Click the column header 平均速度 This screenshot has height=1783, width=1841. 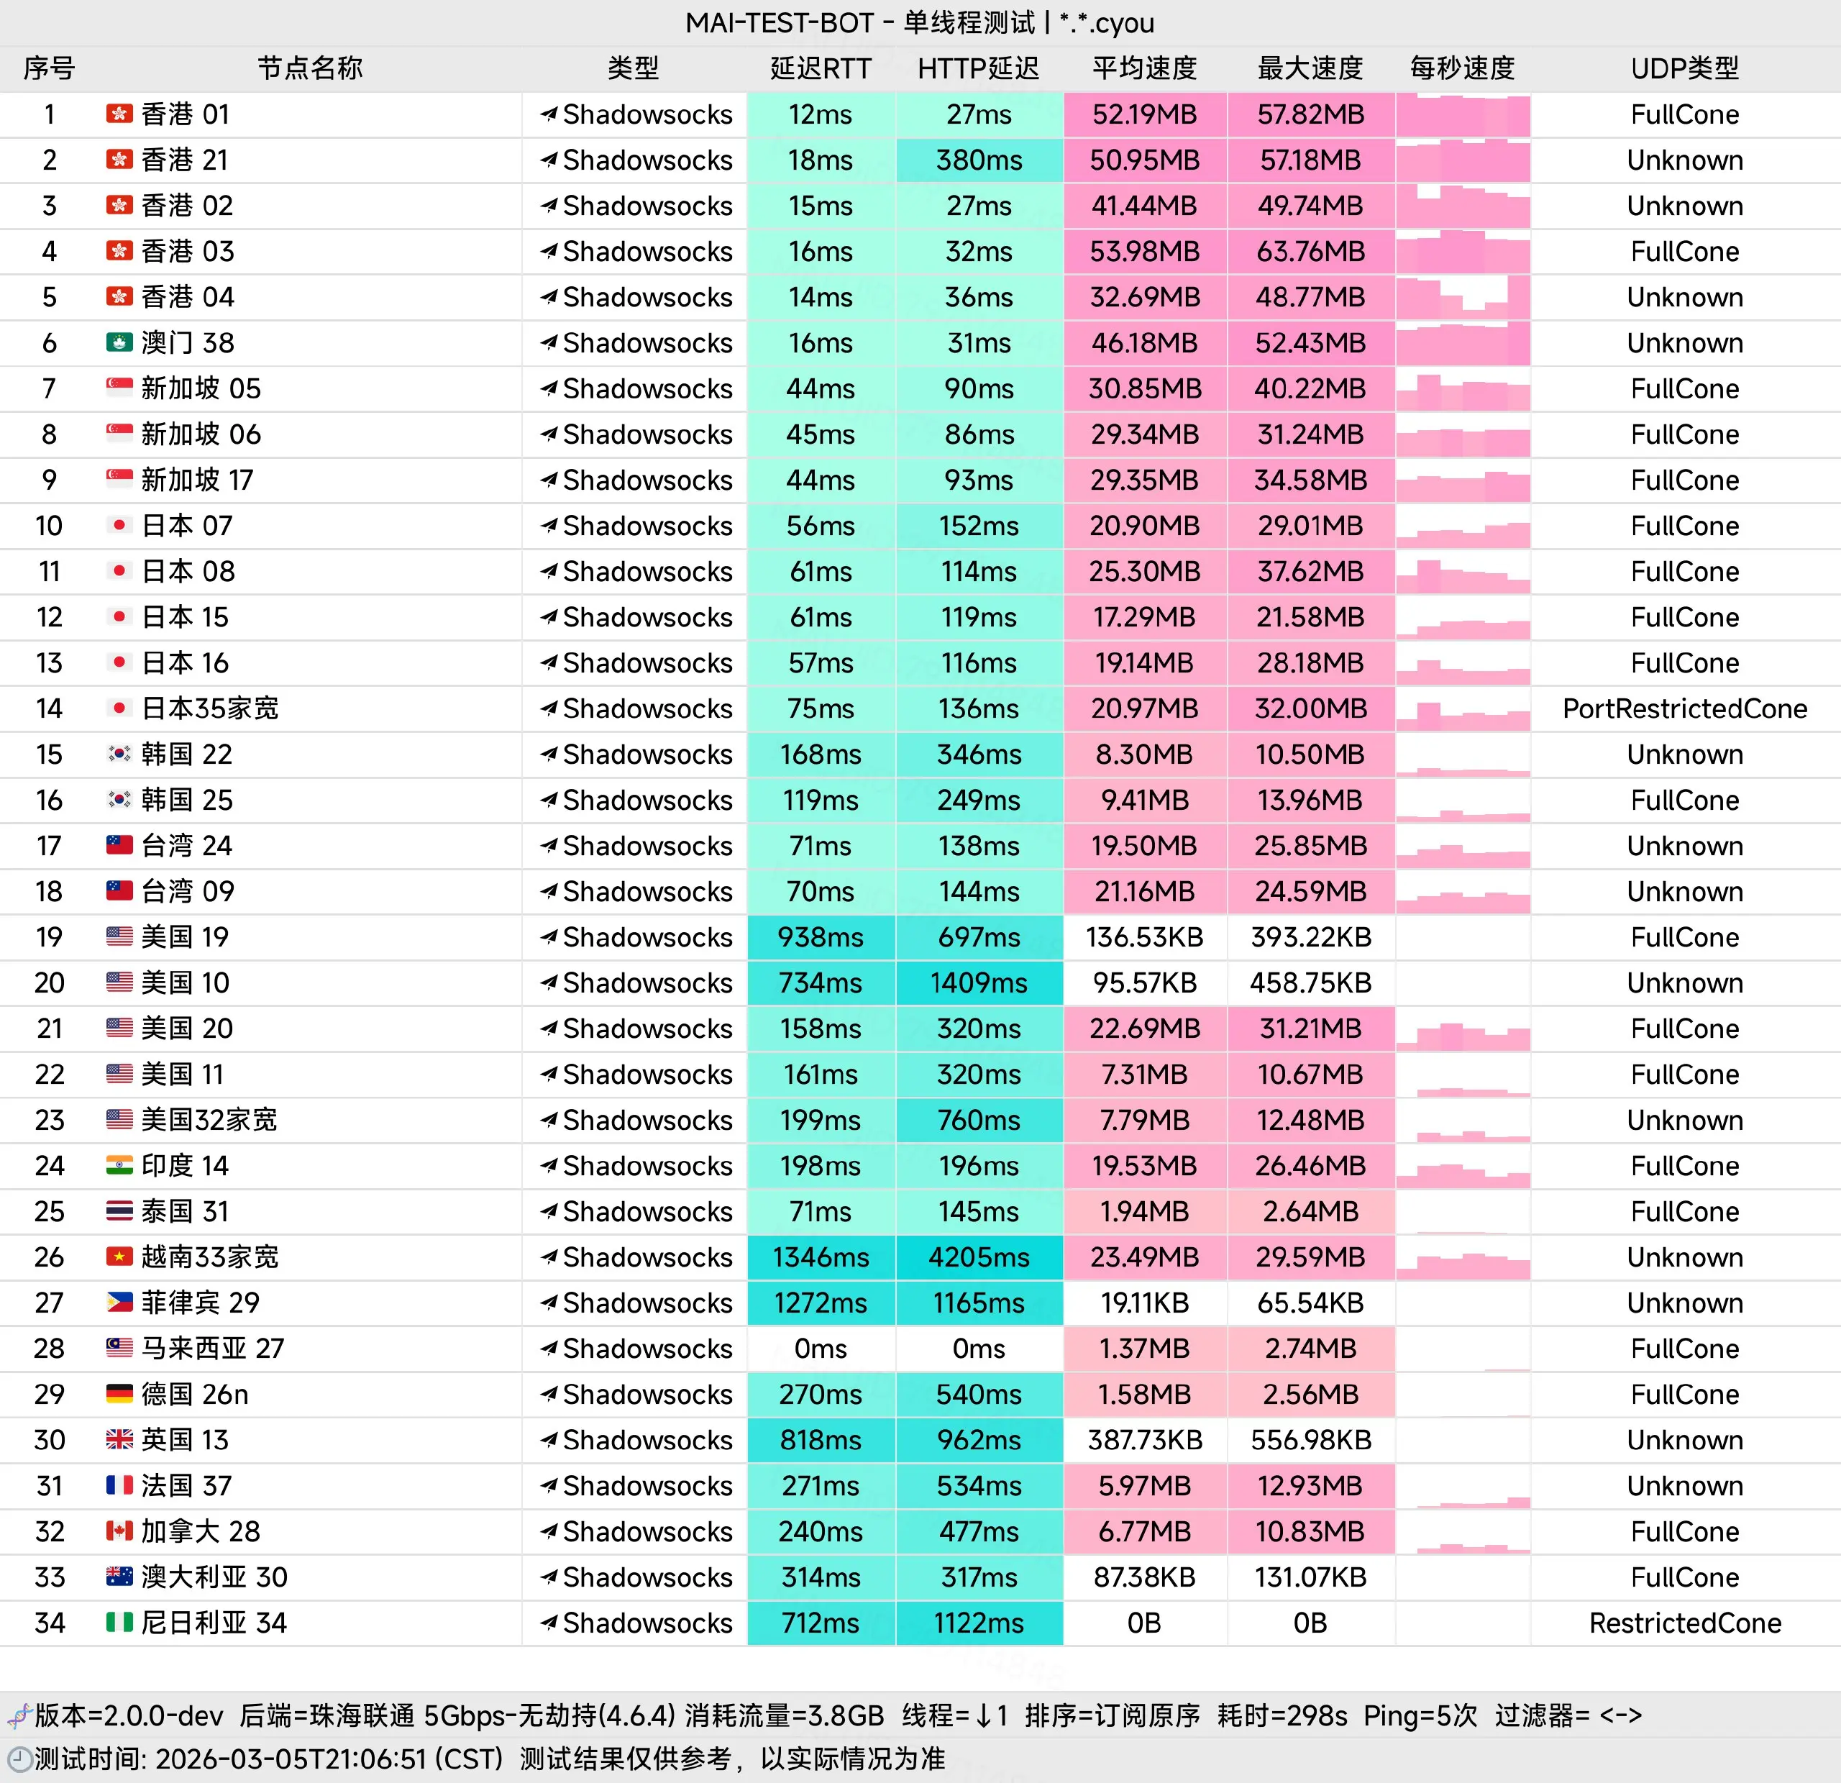tap(1144, 68)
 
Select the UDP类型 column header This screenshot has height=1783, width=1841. tap(1684, 68)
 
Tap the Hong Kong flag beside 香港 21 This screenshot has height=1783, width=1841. tap(119, 160)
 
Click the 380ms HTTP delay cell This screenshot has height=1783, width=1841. tap(979, 160)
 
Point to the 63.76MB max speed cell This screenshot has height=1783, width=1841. tap(1310, 252)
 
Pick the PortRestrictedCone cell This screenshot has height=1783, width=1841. tap(1684, 708)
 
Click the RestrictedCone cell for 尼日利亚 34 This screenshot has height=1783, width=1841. tap(1684, 1623)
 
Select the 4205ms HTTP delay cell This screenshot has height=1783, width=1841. tap(979, 1257)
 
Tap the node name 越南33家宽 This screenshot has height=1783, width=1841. tap(209, 1257)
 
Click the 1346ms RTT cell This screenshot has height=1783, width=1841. tap(820, 1257)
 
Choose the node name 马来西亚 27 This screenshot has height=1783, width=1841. tap(212, 1348)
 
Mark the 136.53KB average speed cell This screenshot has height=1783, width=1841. tap(1144, 936)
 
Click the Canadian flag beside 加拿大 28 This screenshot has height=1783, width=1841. tap(119, 1531)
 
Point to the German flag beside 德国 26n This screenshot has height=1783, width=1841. tap(119, 1394)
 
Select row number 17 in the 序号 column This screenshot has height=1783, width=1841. tap(49, 846)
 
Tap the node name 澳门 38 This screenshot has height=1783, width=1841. tap(187, 343)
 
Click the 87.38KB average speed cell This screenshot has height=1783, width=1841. tap(1144, 1577)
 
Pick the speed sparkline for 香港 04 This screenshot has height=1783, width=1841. tap(1463, 297)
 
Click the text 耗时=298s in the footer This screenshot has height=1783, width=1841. tap(1282, 1715)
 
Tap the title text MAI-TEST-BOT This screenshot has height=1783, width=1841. tap(780, 22)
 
